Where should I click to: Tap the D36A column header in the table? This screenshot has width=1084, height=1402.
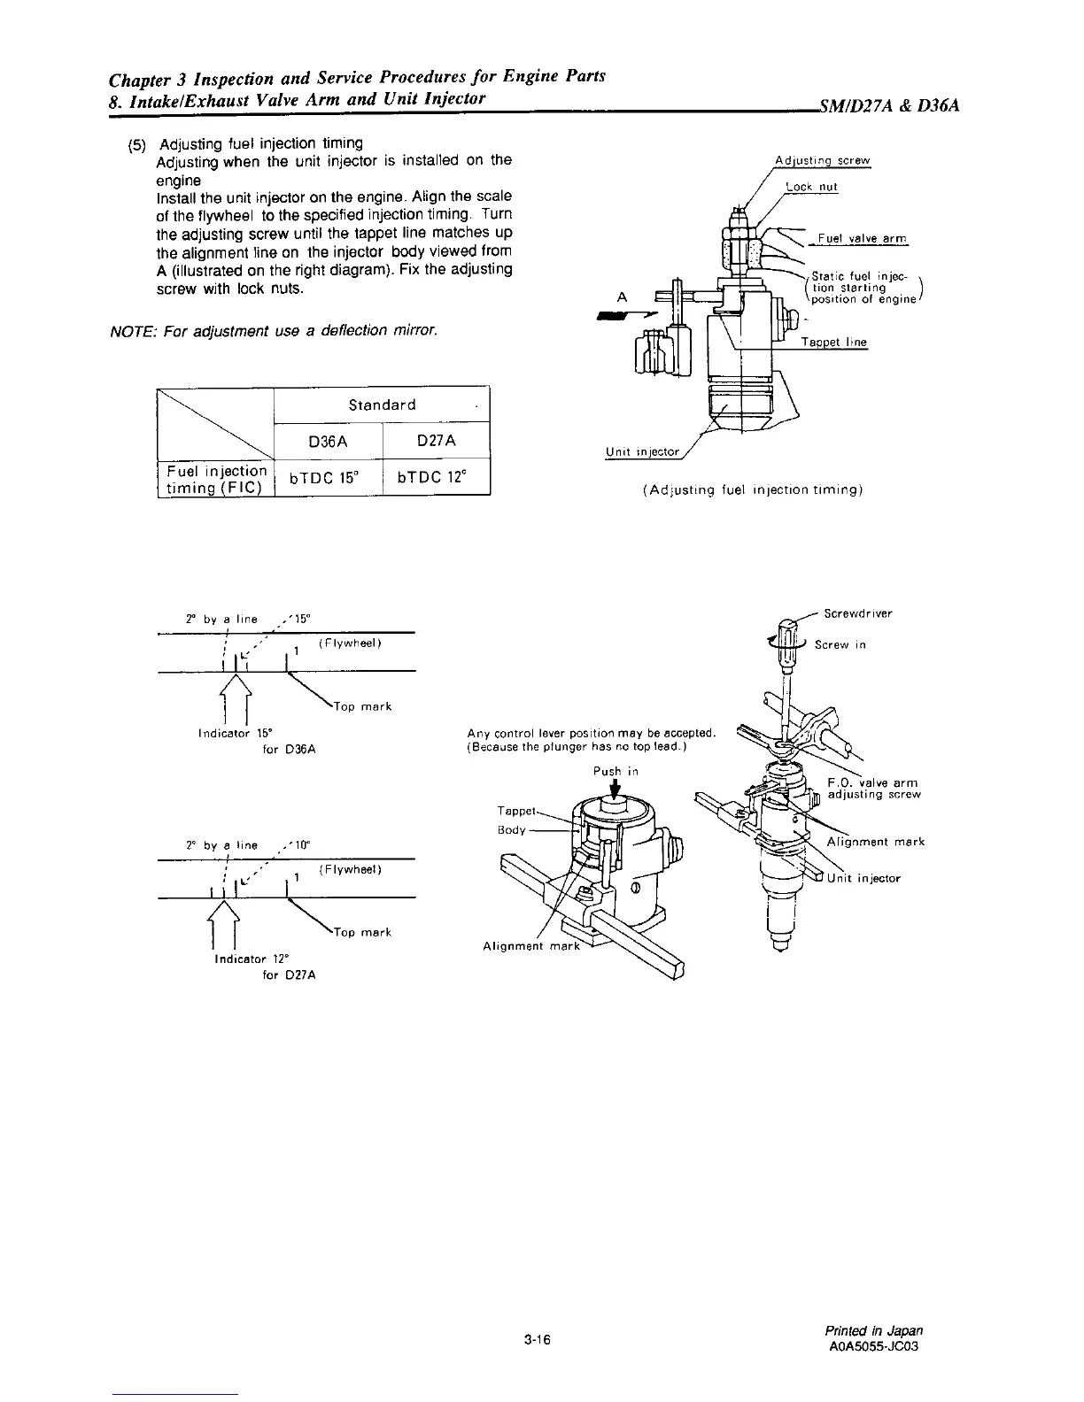click(x=329, y=441)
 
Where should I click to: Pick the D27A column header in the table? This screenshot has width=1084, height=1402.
click(x=437, y=441)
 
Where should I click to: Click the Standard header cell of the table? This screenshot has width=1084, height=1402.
click(x=382, y=404)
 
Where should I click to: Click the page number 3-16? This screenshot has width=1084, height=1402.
click(x=538, y=1341)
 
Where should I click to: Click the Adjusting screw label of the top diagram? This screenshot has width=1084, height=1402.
click(x=823, y=161)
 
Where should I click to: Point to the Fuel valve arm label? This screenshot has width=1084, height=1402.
click(x=863, y=238)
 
